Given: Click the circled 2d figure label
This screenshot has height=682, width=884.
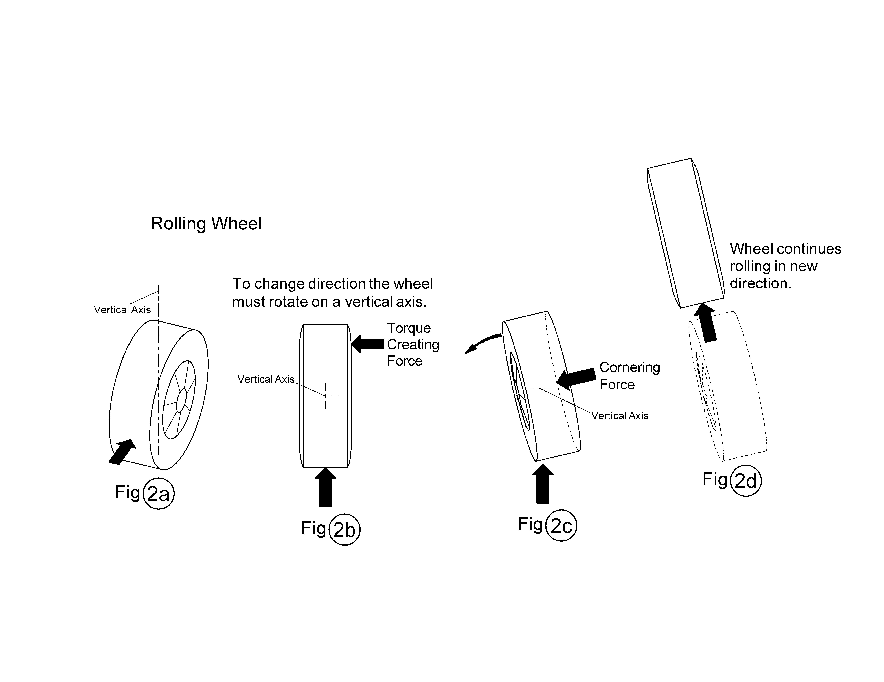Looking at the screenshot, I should click(746, 481).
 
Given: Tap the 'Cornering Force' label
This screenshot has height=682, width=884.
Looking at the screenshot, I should click(629, 376).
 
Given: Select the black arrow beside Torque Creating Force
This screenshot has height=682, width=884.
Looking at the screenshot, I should click(367, 344).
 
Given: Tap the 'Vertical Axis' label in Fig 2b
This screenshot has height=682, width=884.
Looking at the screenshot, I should click(266, 379).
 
